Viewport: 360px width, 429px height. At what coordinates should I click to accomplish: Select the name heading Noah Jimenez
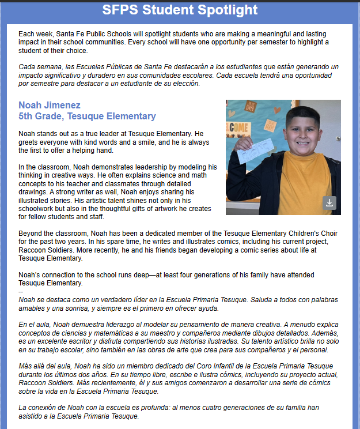point(50,106)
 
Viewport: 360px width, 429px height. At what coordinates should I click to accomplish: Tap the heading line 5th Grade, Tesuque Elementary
point(87,116)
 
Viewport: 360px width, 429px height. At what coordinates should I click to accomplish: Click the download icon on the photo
point(329,202)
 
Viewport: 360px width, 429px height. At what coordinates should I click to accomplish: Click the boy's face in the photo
point(303,130)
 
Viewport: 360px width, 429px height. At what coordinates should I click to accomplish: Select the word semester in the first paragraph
point(296,42)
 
